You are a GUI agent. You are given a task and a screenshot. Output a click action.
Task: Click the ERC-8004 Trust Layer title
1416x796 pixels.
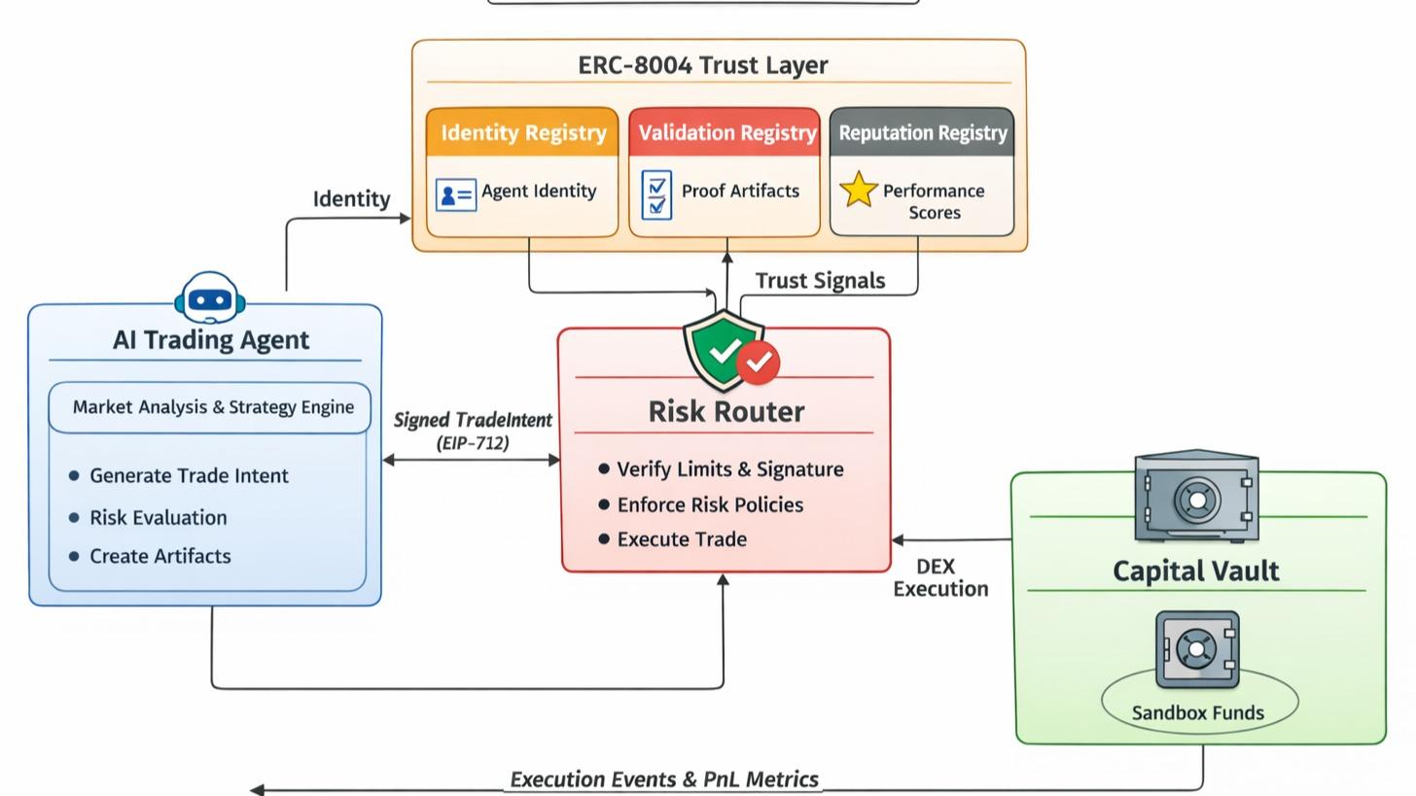pos(702,65)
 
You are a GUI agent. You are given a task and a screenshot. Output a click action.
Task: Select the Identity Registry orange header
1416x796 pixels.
pos(522,133)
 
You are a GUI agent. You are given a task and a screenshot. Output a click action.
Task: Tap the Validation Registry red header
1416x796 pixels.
pos(726,133)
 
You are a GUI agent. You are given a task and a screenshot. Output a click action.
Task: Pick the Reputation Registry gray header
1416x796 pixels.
pos(922,133)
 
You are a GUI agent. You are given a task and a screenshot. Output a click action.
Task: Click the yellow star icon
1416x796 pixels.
pos(858,190)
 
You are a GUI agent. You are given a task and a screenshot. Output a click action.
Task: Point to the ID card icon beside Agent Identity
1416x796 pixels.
pos(455,195)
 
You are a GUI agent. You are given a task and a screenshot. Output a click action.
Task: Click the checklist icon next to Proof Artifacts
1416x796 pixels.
pos(656,194)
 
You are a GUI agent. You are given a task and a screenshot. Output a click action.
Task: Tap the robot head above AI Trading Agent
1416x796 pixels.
pos(209,297)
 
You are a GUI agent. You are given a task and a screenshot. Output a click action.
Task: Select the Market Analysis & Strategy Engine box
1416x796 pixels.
pos(211,407)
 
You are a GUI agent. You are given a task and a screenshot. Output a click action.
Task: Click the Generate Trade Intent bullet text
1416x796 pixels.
pos(189,476)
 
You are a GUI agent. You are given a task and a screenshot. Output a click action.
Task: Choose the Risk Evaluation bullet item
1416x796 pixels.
pos(158,518)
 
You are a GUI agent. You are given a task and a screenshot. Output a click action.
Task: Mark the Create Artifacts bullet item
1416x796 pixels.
pos(159,557)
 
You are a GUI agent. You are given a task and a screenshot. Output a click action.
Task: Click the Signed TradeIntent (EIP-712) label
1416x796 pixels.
pos(473,431)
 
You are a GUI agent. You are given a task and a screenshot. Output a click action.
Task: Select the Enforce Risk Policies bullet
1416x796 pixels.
pos(709,505)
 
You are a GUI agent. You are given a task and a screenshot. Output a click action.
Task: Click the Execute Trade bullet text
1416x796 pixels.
pos(681,539)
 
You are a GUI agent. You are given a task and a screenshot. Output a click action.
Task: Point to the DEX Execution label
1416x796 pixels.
pos(939,577)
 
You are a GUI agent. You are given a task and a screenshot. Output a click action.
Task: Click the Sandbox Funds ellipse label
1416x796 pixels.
pos(1197,712)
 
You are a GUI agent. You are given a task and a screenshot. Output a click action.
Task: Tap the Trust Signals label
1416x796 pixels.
pos(819,281)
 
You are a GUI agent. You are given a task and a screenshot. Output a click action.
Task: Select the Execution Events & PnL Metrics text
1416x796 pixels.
pos(663,779)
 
